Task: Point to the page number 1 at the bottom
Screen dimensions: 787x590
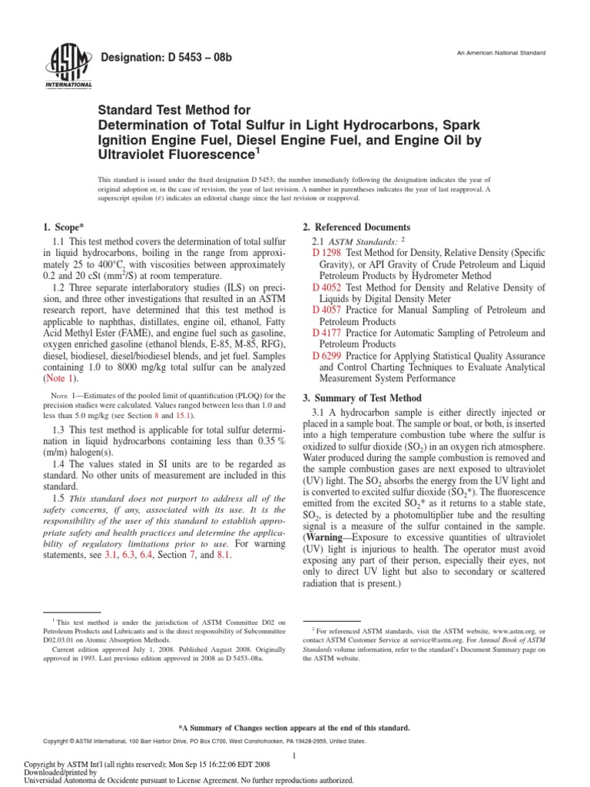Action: [295, 757]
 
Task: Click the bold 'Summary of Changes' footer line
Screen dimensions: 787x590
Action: [294, 727]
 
